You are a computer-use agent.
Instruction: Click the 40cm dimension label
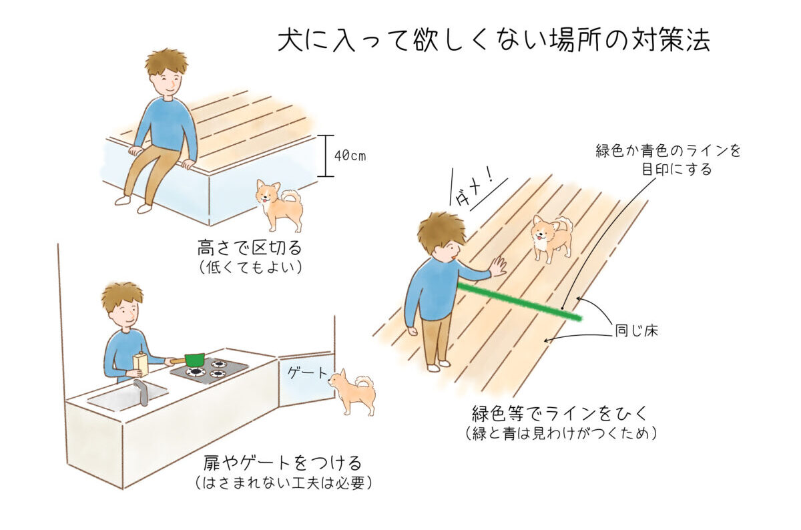coord(350,156)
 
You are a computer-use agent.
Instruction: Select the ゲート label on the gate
coord(308,373)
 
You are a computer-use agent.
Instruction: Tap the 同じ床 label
coord(636,331)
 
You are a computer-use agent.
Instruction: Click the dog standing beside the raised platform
coord(279,205)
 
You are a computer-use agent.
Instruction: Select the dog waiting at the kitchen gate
coord(352,392)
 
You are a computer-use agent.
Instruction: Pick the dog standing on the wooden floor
coord(551,238)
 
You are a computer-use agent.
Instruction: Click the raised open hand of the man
coord(499,266)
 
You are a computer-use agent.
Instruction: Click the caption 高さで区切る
coord(250,248)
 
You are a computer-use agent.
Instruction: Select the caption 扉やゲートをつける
coord(283,463)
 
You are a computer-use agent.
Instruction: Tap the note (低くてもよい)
coord(250,268)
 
